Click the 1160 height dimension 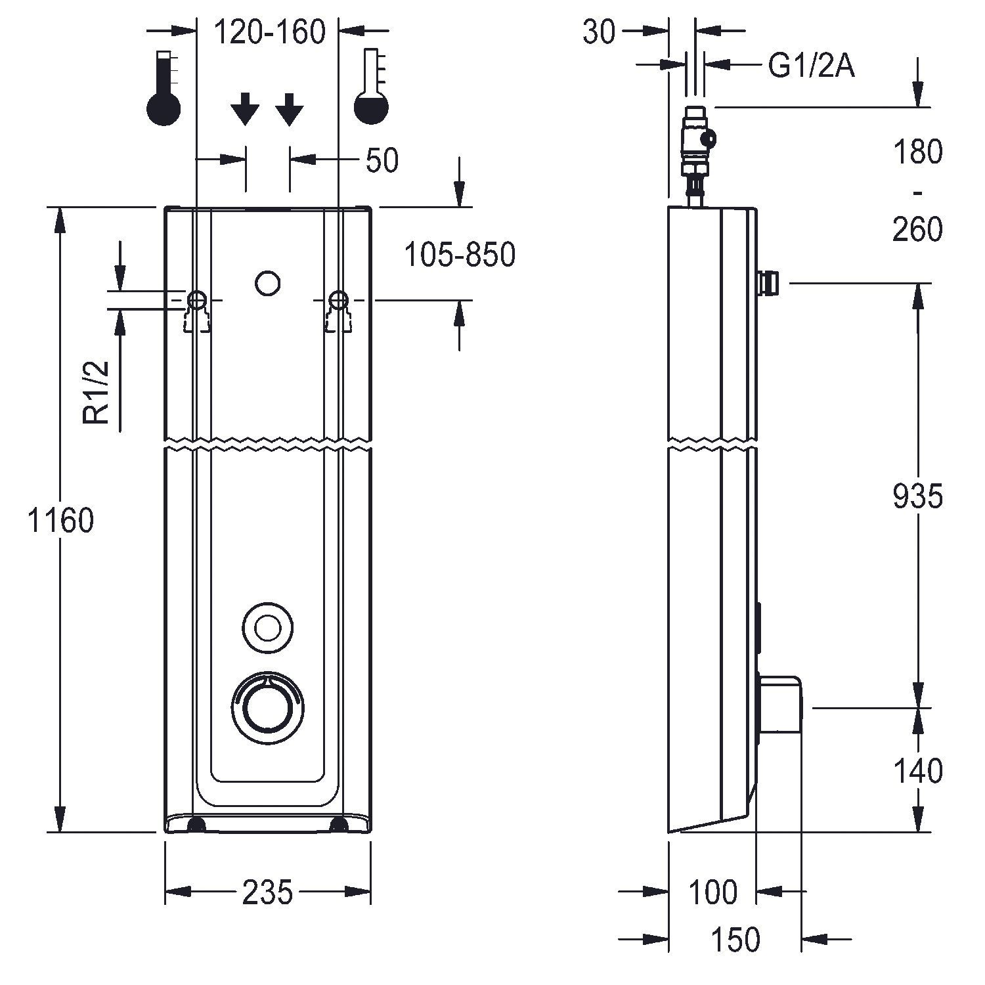pos(60,521)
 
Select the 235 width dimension pos(267,892)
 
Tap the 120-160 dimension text pos(270,32)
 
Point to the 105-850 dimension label pos(459,255)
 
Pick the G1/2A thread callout pos(812,66)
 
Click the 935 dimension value pos(917,496)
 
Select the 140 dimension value pos(917,771)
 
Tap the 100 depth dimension pos(712,892)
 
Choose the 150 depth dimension pos(735,940)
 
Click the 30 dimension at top pos(599,32)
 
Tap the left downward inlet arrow pos(246,109)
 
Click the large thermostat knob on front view pos(268,707)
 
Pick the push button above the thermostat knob pos(267,628)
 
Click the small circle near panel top pos(267,284)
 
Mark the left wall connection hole pos(196,300)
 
